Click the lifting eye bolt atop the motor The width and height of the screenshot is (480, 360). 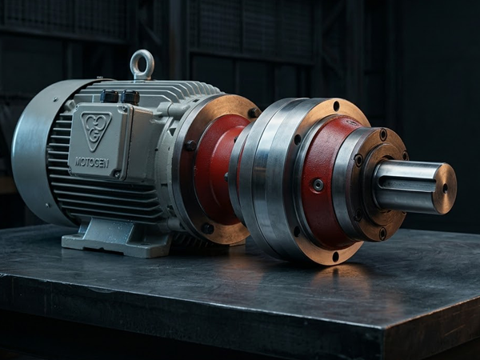click(x=142, y=65)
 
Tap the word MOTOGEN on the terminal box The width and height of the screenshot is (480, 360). click(x=92, y=162)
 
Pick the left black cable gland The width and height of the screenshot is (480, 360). click(x=110, y=96)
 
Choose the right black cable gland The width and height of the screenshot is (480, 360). click(x=130, y=97)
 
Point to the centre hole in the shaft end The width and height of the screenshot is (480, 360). click(x=445, y=188)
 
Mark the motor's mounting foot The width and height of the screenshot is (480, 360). click(x=116, y=236)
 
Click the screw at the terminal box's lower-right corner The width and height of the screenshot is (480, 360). click(x=117, y=174)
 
